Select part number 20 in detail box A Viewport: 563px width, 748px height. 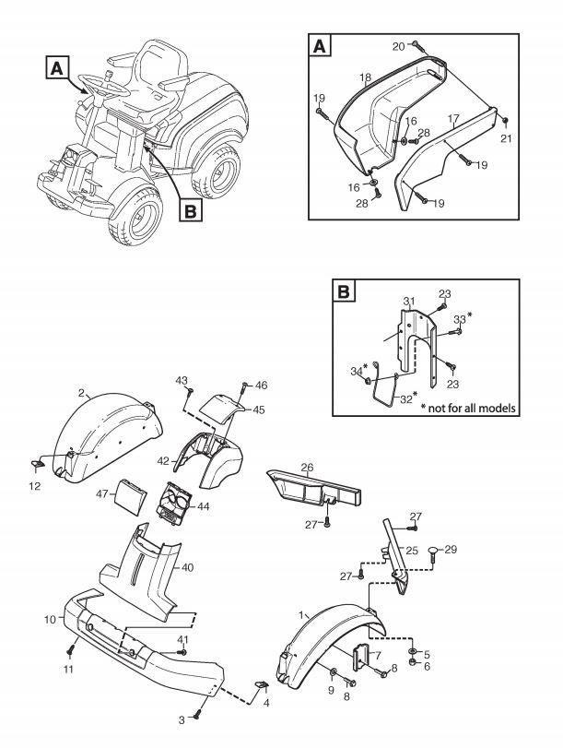[398, 46]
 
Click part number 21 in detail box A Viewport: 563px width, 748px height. [505, 138]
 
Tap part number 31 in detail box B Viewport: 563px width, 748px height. [409, 302]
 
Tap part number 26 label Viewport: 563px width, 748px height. [308, 467]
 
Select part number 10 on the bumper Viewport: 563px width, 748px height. [51, 618]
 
